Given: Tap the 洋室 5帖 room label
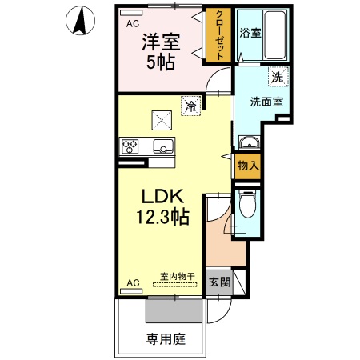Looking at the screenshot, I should [161, 52].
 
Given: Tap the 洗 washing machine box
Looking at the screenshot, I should [277, 78].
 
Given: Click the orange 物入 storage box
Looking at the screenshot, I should [247, 166].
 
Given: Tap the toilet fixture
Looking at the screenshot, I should [247, 206].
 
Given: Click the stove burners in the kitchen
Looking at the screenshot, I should [131, 146].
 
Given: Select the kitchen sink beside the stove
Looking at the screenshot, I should [164, 146].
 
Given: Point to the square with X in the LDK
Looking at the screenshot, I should [163, 119].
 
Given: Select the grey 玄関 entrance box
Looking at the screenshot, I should [219, 282].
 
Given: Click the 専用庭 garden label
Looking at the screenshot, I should [166, 339].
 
